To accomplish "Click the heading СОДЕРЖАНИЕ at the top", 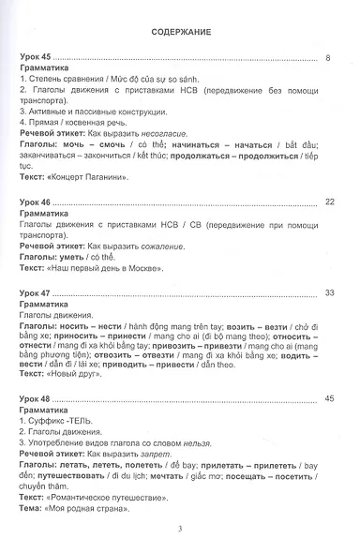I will tap(180, 32).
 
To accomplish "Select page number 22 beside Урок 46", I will tap(328, 202).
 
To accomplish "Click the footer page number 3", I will tap(179, 529).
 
